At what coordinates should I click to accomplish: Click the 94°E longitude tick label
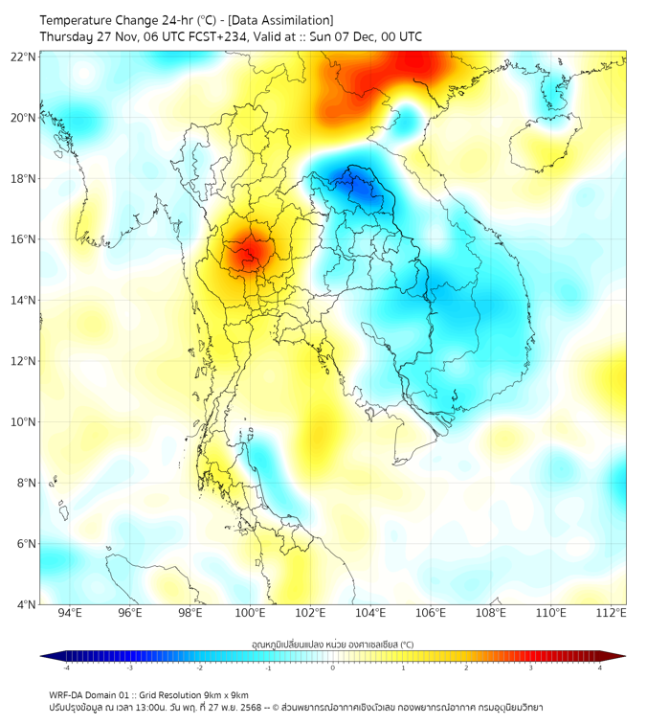(x=70, y=614)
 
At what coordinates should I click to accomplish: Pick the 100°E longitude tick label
(x=251, y=614)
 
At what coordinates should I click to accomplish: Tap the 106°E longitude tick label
(x=431, y=614)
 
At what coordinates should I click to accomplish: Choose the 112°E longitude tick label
(x=612, y=614)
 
